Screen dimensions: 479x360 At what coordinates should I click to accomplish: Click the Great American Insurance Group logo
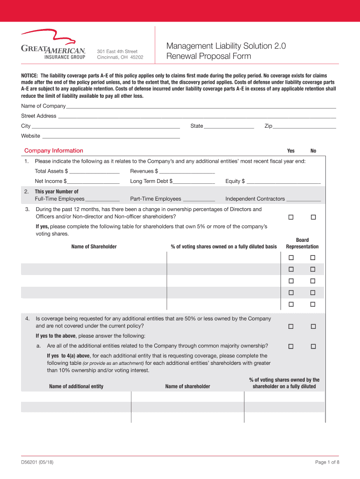click(x=53, y=45)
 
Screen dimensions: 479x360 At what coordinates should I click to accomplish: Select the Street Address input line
click(x=197, y=116)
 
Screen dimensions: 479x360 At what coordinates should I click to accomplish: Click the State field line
click(x=229, y=127)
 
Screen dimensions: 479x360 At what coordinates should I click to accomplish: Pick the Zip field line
click(x=304, y=127)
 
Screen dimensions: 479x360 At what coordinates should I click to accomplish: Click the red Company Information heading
click(x=54, y=151)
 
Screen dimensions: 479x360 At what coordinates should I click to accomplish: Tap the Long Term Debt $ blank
click(x=194, y=182)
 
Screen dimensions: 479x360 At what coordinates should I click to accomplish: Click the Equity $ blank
click(x=284, y=182)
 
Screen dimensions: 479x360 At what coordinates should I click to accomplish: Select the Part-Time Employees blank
click(x=199, y=200)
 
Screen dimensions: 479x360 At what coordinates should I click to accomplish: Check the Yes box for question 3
click(x=290, y=217)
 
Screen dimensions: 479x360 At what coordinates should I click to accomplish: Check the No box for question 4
click(x=313, y=326)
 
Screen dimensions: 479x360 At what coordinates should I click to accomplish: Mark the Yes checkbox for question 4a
click(x=290, y=346)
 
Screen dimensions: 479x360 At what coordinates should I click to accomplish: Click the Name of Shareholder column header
click(x=94, y=247)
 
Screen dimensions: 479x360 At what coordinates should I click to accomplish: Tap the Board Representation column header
click(x=302, y=243)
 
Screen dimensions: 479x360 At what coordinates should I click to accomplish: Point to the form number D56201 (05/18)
click(x=40, y=463)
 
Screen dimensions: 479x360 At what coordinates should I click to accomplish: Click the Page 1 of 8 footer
click(x=327, y=463)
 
